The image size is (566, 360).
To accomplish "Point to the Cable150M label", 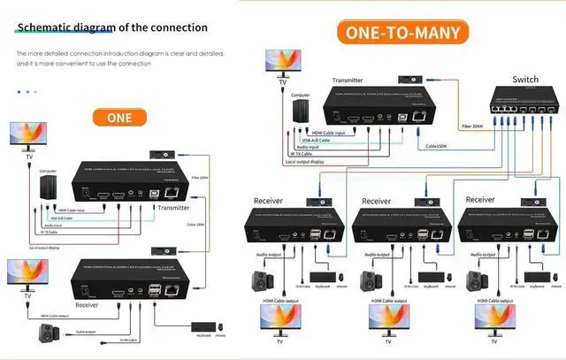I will (x=436, y=146).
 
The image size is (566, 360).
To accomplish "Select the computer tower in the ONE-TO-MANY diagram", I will (x=301, y=112).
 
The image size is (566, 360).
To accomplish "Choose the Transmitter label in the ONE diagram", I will (x=175, y=208).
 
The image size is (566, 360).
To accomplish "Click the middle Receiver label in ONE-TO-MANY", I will (x=376, y=202).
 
